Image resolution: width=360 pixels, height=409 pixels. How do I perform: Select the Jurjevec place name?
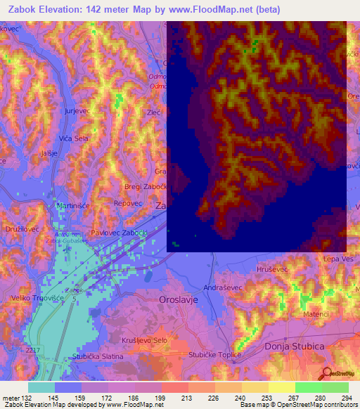click(x=77, y=112)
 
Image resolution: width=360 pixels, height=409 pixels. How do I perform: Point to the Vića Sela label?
click(x=72, y=138)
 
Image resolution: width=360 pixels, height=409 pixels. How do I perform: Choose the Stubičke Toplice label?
click(x=214, y=355)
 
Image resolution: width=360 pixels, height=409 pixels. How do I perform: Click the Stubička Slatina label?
click(x=98, y=356)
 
